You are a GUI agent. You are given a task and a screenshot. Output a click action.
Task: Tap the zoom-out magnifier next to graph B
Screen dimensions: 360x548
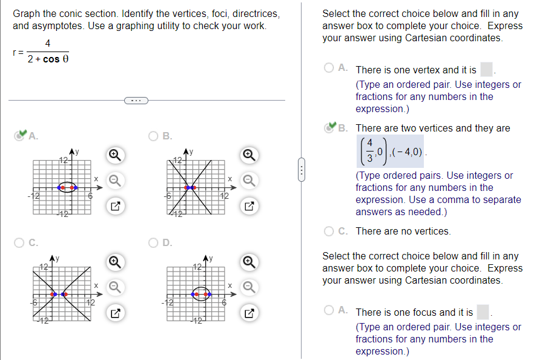(x=247, y=180)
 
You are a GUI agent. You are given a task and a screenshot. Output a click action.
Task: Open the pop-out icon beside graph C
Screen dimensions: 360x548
(x=114, y=313)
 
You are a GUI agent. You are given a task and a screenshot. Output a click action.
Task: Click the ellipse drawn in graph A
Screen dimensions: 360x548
(x=67, y=187)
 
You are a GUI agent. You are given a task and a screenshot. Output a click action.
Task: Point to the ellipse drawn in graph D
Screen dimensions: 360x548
(x=201, y=294)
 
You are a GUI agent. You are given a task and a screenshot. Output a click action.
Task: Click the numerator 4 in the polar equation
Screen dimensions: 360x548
(x=48, y=43)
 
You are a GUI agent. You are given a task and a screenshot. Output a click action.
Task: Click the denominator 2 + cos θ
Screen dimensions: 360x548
(x=48, y=59)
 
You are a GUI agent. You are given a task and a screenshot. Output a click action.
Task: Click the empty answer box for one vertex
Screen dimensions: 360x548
(x=486, y=70)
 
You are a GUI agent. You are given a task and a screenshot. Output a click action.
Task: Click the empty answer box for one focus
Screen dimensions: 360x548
(x=483, y=312)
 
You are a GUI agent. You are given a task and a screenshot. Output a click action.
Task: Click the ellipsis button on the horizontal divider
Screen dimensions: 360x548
(x=136, y=100)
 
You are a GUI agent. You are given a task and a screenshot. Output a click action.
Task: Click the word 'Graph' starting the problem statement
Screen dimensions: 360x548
(x=26, y=13)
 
